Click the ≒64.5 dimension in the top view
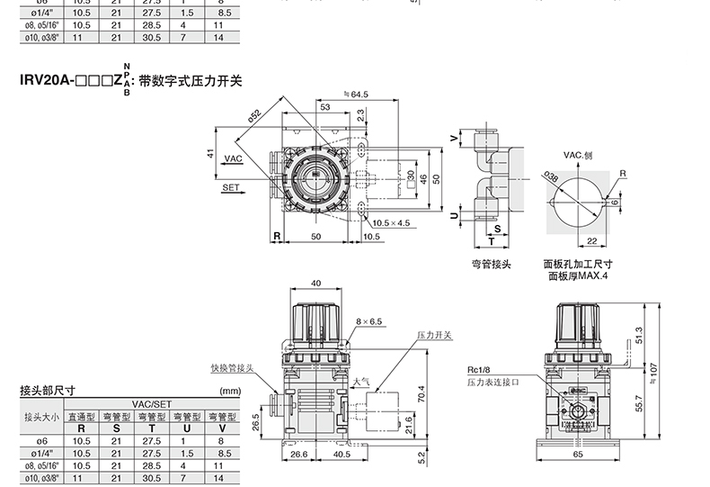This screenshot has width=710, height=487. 356,95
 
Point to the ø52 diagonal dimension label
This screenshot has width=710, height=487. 255,116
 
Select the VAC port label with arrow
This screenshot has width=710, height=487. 234,158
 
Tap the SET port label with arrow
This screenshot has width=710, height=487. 233,188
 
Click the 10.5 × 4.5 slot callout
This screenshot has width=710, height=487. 391,223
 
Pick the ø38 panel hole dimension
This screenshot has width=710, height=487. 551,176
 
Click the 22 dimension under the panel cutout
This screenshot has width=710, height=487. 592,240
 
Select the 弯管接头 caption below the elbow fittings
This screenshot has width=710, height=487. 492,264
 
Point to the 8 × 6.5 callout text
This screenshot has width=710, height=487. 368,321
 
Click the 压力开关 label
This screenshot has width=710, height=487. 434,335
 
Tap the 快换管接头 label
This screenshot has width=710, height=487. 232,368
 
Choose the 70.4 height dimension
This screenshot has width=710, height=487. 422,394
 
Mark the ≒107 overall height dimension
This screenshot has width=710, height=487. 652,374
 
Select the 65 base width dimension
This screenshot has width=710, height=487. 578,455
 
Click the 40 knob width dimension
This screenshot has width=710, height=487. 316,283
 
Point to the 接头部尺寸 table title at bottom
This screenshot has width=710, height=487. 48,390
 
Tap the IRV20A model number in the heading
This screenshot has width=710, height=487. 46,80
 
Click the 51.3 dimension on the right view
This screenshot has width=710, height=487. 639,335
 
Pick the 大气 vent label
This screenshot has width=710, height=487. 361,382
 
